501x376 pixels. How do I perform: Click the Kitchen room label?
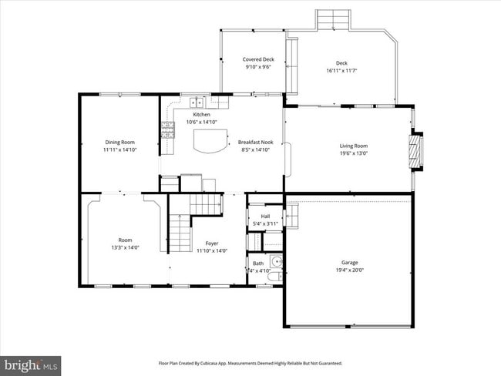coord(201,115)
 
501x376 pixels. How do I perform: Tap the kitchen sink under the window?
coord(197,102)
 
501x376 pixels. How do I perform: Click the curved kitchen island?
coord(211,141)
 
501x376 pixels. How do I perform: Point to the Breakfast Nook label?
coord(255,143)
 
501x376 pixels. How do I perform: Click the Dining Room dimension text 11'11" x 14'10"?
coord(120,149)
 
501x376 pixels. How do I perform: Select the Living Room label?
coord(354,146)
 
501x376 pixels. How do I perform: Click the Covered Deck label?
coord(258,59)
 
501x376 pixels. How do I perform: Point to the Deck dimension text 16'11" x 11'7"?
coord(341,71)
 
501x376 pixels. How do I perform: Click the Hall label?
coord(265,217)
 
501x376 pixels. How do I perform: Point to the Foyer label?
coord(212,243)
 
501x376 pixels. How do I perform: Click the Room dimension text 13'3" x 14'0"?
coord(125,248)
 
